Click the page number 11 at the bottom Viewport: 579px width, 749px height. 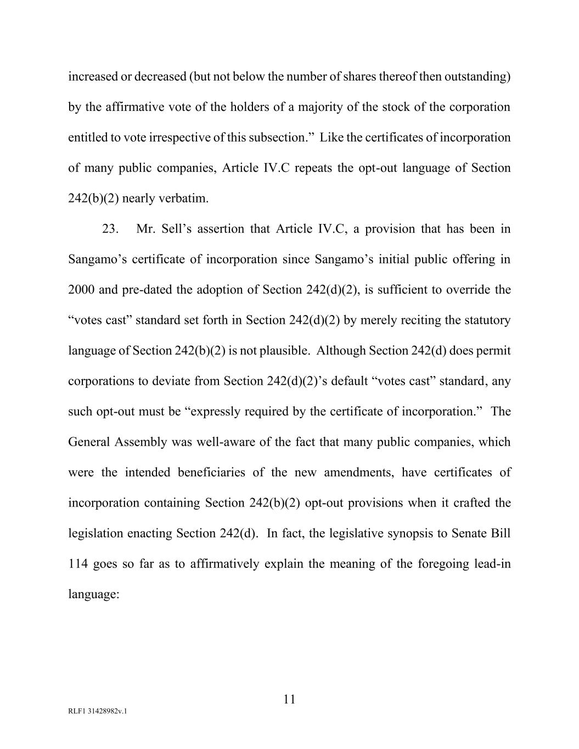(289, 699)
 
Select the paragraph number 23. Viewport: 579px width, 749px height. (109, 229)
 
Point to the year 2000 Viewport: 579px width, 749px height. (82, 290)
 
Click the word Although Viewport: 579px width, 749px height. (341, 351)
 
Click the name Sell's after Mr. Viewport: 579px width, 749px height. (176, 229)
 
